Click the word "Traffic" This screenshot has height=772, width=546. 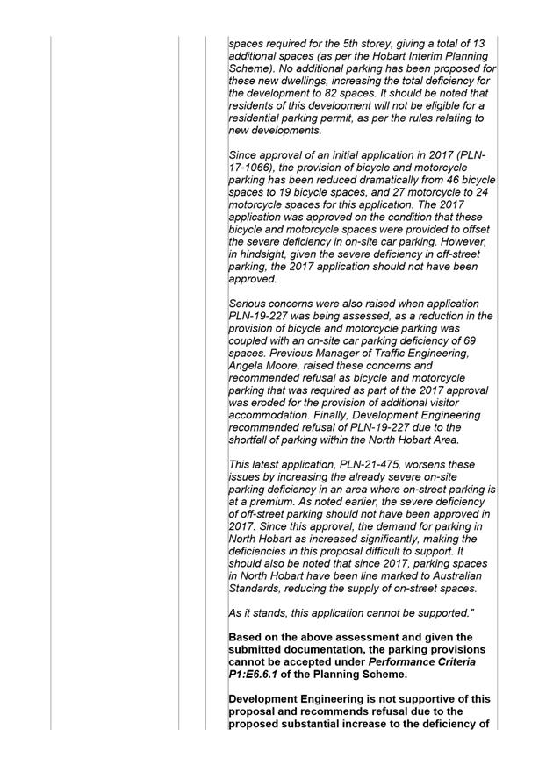405,354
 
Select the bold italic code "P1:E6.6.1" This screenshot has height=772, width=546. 258,674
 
